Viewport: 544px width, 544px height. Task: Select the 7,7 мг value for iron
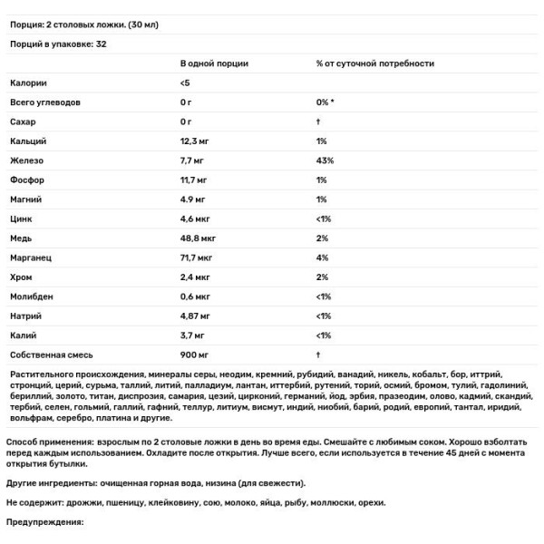[194, 160]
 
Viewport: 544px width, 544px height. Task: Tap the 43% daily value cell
[325, 160]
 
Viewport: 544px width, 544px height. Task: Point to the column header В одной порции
[214, 63]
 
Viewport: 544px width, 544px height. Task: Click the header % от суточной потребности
[374, 63]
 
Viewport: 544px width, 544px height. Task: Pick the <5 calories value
[186, 83]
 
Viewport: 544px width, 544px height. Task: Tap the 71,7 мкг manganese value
[198, 257]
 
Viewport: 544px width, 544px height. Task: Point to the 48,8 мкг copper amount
[198, 238]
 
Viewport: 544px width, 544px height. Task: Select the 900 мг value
[194, 355]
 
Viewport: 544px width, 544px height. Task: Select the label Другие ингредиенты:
[53, 482]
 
